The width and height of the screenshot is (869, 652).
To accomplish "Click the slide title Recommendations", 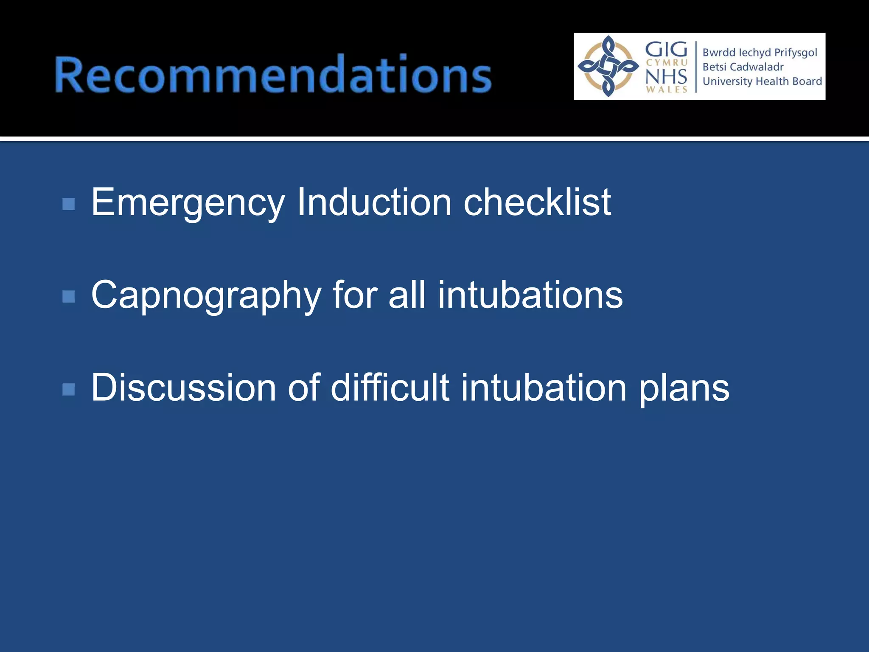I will [x=273, y=74].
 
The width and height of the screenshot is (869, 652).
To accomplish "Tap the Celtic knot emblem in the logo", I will [x=608, y=66].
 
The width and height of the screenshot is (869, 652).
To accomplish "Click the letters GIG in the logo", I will [x=666, y=50].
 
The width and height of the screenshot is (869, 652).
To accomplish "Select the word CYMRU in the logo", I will [x=666, y=63].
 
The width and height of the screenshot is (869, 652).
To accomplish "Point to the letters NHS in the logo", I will [x=666, y=76].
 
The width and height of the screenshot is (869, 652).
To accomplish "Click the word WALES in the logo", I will [x=666, y=89].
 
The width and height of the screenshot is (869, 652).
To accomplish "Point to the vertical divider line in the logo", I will [x=696, y=67].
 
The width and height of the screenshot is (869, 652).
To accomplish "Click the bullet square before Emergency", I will [x=68, y=204].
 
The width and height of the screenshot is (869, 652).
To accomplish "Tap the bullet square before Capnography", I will [x=68, y=296].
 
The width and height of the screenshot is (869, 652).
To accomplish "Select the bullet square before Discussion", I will [x=68, y=389].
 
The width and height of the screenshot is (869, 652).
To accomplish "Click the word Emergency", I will [x=188, y=203].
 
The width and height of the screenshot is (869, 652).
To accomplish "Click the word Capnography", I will [x=206, y=295].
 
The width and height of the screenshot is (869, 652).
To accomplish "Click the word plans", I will [x=684, y=388].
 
